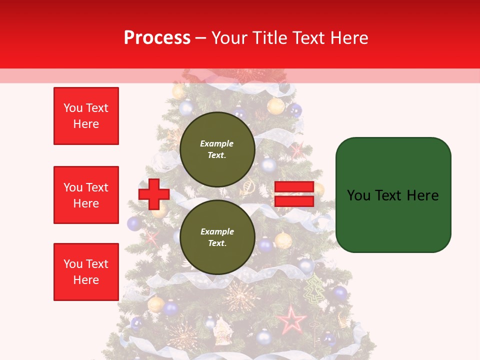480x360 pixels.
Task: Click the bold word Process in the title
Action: tap(157, 37)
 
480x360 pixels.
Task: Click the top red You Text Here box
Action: tap(86, 116)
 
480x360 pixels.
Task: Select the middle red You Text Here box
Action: tap(86, 195)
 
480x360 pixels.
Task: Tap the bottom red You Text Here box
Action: tap(86, 272)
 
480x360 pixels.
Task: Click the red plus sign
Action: tap(153, 194)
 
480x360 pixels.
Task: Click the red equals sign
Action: tap(294, 194)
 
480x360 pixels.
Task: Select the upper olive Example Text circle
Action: tap(217, 149)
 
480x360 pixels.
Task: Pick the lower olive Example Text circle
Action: tap(217, 237)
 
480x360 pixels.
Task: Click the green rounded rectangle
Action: tap(393, 195)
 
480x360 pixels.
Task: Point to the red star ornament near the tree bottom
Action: tap(292, 320)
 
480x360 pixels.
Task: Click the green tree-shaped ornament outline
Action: tap(314, 289)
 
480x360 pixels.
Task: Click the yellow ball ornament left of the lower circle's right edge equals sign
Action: tap(283, 240)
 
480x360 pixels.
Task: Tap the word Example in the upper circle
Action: tap(217, 143)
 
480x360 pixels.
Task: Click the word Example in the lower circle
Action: tap(217, 231)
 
